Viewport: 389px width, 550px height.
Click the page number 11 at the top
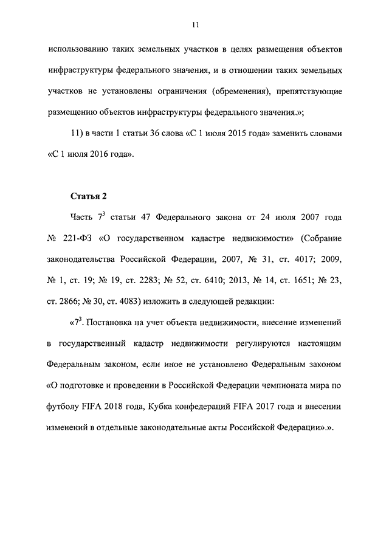(194, 24)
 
